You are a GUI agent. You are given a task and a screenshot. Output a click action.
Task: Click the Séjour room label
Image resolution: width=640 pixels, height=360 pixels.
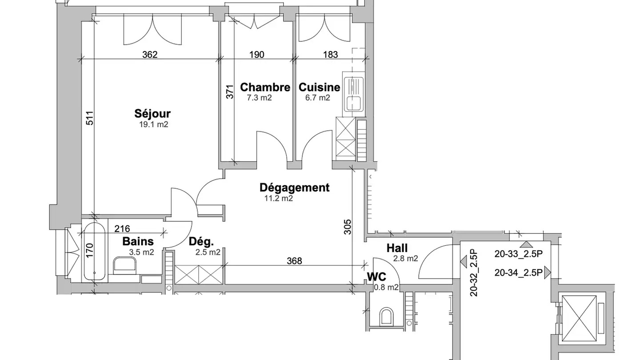point(152,114)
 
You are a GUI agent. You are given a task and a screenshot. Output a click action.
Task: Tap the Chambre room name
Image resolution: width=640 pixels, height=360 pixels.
point(265,88)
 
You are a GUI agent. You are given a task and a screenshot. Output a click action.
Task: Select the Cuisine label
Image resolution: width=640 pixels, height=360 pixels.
point(320,88)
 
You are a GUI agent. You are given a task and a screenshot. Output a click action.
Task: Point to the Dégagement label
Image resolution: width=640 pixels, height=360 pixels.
point(294,188)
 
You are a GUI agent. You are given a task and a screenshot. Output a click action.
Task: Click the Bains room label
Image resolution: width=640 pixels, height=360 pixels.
point(138,242)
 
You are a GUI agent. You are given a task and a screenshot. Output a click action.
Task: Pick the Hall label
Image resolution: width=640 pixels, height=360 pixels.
point(397,248)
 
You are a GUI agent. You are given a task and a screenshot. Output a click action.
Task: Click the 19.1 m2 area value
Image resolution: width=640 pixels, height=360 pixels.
point(154,124)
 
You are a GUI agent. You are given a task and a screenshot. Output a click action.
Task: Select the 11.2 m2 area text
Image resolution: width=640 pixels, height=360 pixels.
point(279,198)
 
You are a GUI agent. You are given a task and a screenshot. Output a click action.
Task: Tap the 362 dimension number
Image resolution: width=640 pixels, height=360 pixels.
point(150,55)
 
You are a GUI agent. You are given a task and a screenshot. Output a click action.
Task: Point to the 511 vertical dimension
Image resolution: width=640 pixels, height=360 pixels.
point(90,118)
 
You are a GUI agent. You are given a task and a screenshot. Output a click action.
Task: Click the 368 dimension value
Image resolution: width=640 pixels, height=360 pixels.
point(294,261)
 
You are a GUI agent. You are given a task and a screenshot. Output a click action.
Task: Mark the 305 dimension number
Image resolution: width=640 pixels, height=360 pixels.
point(348,227)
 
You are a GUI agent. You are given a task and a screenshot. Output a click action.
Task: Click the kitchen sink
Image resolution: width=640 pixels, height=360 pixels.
point(354,94)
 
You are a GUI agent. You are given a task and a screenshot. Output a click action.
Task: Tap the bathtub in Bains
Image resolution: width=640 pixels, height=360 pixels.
point(95,252)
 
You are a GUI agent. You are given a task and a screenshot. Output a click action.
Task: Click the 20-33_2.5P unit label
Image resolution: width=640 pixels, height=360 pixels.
point(519,254)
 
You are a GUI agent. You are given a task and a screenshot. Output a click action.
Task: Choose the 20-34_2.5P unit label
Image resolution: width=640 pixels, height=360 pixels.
point(519,273)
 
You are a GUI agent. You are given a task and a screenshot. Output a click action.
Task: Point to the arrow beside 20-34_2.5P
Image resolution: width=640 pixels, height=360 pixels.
point(548,272)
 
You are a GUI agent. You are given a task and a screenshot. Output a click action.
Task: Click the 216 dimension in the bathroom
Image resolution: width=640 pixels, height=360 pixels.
point(122,229)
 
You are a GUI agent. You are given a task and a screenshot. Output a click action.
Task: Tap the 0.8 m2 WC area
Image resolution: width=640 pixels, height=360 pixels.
point(386,288)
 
